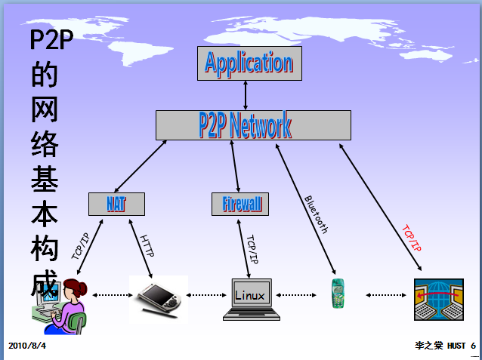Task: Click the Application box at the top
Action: [x=249, y=63]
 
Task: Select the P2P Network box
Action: [x=253, y=125]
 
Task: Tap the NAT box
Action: [x=116, y=204]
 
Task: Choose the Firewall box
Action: [x=240, y=204]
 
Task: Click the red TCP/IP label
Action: [x=412, y=238]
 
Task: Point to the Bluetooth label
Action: [x=316, y=214]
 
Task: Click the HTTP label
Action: [x=147, y=246]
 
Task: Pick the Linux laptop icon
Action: [x=250, y=300]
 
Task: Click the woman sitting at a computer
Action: [x=63, y=303]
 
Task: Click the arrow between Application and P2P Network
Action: [x=246, y=95]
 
